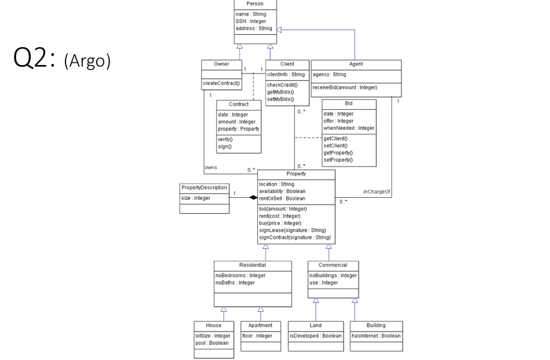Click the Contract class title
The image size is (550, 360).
coord(238,104)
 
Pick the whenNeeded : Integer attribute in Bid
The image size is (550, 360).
coord(349,128)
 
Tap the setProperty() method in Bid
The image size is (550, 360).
coord(338,160)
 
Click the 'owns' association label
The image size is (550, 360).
coord(211,167)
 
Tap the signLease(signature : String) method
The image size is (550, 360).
coord(292,230)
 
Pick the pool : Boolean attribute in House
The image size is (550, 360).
coord(211,343)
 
